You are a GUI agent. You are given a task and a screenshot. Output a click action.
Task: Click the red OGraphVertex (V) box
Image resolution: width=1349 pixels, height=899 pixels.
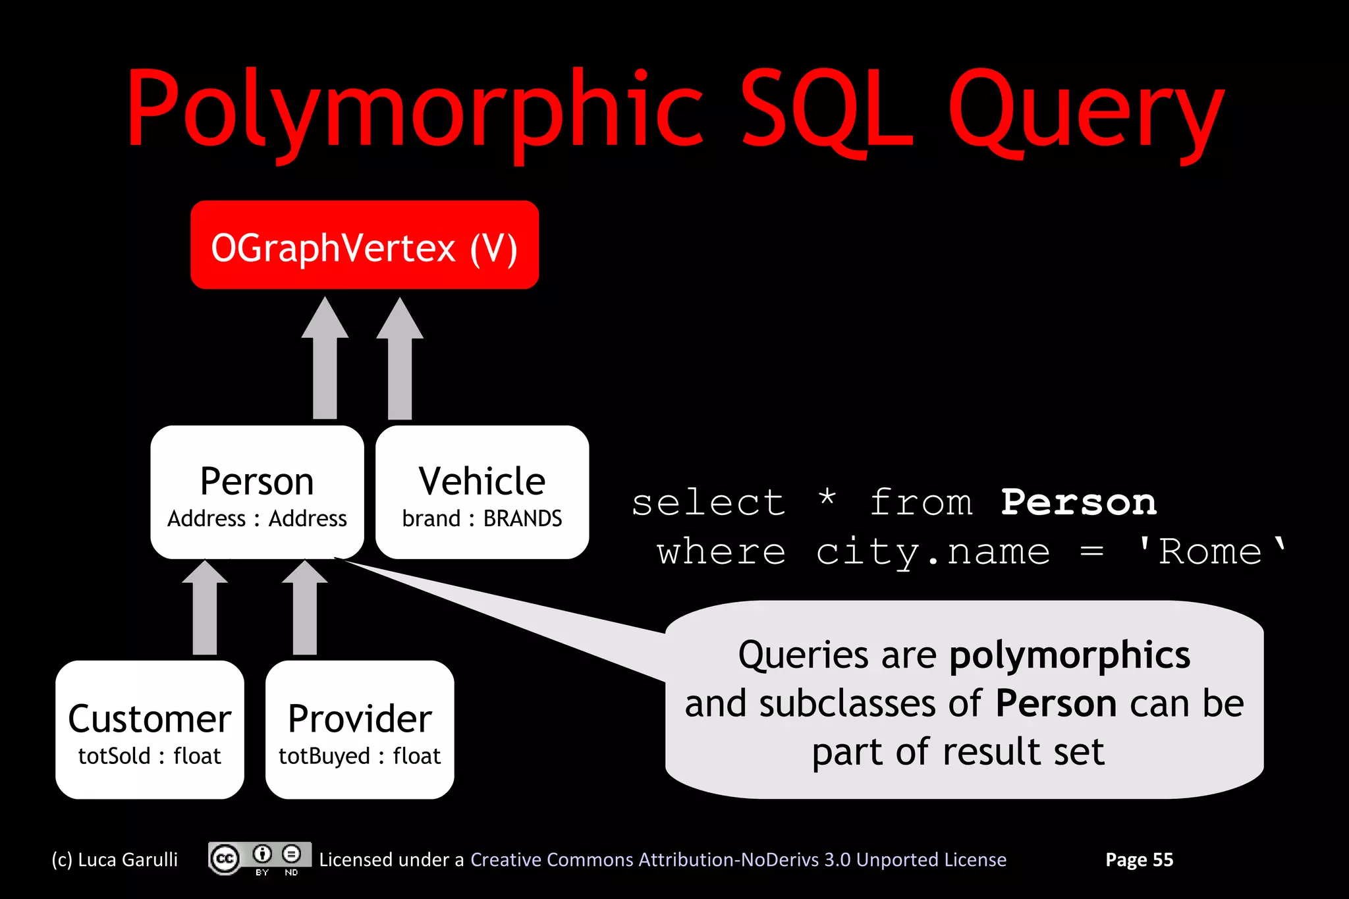(364, 245)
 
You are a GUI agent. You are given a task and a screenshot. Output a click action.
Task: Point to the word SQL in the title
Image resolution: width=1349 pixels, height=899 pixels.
(827, 109)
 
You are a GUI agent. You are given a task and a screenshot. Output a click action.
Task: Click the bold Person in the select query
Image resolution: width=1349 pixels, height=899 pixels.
(1078, 503)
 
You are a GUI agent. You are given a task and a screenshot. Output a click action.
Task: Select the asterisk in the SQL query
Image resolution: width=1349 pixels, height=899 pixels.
(827, 499)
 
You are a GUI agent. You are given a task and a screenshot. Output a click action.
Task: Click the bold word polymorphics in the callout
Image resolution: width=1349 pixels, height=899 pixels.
(1070, 655)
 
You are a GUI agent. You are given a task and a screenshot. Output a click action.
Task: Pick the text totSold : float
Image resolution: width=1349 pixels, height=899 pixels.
(150, 756)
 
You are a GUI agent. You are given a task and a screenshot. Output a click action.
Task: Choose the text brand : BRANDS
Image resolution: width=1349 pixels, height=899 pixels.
(482, 519)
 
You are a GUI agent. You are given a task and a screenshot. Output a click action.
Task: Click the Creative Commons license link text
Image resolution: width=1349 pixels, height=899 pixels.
(738, 859)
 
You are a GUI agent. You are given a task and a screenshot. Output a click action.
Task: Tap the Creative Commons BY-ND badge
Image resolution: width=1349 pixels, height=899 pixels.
(260, 859)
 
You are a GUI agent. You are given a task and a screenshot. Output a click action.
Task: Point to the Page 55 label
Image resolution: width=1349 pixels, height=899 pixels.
(1139, 859)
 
